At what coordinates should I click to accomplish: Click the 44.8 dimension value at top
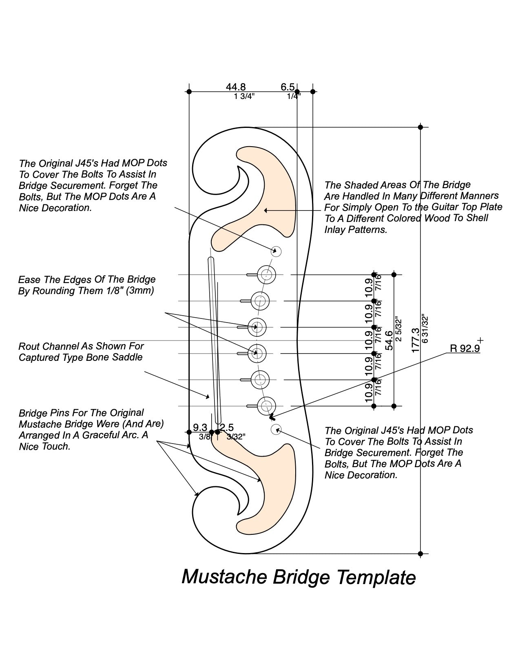pos(236,87)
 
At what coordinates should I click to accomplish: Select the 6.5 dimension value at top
pos(288,87)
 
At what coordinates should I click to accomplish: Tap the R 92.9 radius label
pos(465,349)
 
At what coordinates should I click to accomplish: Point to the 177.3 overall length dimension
pos(416,340)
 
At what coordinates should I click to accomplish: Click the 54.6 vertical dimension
pos(389,340)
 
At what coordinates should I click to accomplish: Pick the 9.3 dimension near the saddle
pos(200,428)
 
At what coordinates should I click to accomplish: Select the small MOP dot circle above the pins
pos(277,251)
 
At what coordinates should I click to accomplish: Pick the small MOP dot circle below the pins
pos(276,429)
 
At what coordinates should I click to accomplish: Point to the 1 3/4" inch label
pos(244,97)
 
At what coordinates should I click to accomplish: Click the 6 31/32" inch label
pos(425,329)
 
